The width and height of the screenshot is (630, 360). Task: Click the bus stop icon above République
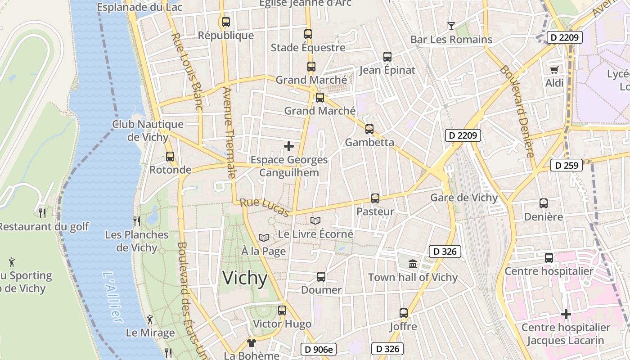[x=226, y=22]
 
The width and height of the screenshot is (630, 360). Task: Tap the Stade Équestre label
[x=308, y=47]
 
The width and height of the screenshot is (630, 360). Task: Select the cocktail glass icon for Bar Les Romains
[x=451, y=26]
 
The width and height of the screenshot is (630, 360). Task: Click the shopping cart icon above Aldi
[x=554, y=70]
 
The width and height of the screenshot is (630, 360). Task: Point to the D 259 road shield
[x=567, y=165]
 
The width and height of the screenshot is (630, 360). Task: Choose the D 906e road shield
[x=318, y=349]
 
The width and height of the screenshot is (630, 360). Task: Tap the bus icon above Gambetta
[x=369, y=129]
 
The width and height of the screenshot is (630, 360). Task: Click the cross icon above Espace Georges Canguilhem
[x=289, y=146]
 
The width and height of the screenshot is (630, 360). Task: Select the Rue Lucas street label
[x=265, y=207]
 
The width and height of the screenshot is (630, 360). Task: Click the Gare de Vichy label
[x=464, y=198]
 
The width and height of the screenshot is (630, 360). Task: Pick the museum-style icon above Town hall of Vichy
[x=413, y=264]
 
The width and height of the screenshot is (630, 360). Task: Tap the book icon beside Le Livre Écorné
[x=315, y=221]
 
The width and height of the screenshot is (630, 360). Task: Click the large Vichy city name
[x=245, y=278]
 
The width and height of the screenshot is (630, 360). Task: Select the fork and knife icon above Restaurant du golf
[x=42, y=213]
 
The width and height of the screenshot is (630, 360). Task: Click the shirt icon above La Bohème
[x=251, y=343]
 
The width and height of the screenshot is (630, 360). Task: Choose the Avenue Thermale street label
[x=229, y=133]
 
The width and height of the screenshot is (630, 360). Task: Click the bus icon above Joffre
[x=404, y=313]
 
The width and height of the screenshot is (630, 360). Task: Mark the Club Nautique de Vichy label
[x=148, y=130]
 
